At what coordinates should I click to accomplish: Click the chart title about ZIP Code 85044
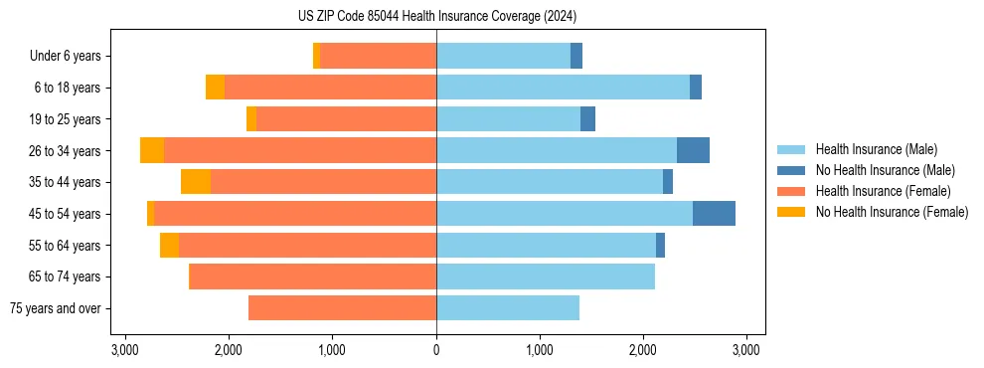(x=436, y=17)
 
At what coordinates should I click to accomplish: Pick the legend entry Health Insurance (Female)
(x=883, y=191)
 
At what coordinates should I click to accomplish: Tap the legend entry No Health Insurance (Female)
(x=892, y=212)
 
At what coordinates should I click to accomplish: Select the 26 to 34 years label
(x=67, y=151)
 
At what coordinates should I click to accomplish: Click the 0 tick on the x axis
(x=436, y=349)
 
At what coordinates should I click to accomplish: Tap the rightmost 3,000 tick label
(x=746, y=349)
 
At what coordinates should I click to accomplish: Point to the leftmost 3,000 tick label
(x=125, y=349)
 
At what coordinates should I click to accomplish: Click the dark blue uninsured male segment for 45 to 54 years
(x=714, y=214)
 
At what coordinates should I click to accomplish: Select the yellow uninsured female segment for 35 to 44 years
(x=196, y=182)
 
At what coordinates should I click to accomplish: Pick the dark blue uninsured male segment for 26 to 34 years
(x=693, y=151)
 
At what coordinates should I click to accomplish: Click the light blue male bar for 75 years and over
(x=508, y=308)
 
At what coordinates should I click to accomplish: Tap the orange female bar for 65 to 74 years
(x=312, y=276)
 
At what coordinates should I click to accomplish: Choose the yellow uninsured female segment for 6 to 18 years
(x=215, y=88)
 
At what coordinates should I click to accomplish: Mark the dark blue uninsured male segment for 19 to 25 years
(x=587, y=119)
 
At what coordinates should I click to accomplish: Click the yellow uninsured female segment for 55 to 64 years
(x=169, y=246)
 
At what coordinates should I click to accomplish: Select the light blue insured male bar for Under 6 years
(x=503, y=57)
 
